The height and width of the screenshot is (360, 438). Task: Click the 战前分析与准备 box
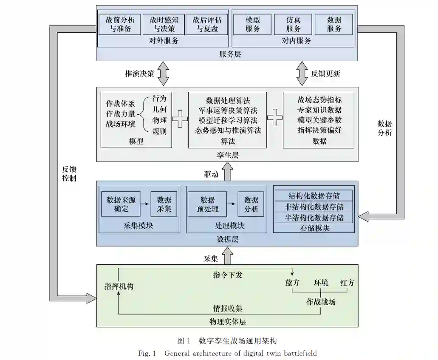point(120,24)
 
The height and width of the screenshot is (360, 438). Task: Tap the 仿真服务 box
point(293,24)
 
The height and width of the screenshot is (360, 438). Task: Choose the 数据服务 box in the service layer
point(334,24)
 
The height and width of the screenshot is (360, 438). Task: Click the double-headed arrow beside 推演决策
point(163,73)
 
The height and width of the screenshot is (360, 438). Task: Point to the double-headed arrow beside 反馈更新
point(302,73)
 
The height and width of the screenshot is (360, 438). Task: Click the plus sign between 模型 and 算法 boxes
point(180,119)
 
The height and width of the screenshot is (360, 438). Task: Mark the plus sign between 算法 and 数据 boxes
point(274,118)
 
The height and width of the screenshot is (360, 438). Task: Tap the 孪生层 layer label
point(227,155)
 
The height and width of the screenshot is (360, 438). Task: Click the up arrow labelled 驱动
point(227,172)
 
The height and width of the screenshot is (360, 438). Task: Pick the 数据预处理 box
point(208,204)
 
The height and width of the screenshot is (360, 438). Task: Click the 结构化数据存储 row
point(314,196)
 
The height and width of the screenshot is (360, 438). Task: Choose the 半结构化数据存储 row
point(314,218)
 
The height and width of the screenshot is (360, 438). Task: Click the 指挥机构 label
point(119,286)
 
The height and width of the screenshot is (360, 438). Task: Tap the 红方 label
point(347,283)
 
